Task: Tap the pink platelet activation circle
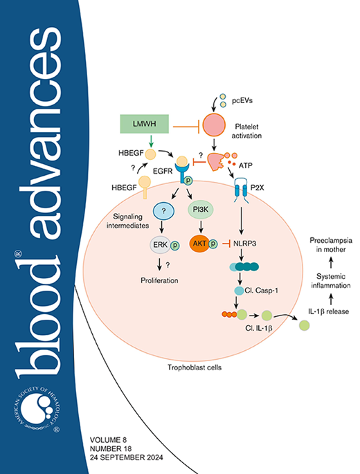(214, 126)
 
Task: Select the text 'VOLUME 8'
(113, 438)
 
